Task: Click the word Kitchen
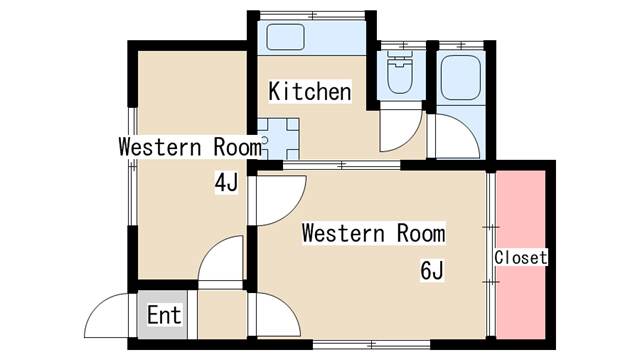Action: [310, 91]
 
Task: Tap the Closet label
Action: [520, 258]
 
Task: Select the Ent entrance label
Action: [164, 315]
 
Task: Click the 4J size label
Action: [226, 182]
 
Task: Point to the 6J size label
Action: [431, 270]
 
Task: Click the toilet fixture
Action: [400, 72]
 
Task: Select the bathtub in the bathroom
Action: [461, 78]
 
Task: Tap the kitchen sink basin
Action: [286, 37]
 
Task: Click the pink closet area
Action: [520, 255]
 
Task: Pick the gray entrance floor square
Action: [162, 314]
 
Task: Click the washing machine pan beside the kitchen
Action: [278, 139]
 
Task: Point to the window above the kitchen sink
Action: [313, 16]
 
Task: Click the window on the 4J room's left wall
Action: [132, 167]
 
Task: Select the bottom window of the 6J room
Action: [371, 345]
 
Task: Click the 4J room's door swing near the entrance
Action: [220, 258]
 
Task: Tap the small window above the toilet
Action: [404, 45]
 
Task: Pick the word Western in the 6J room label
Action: [343, 233]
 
